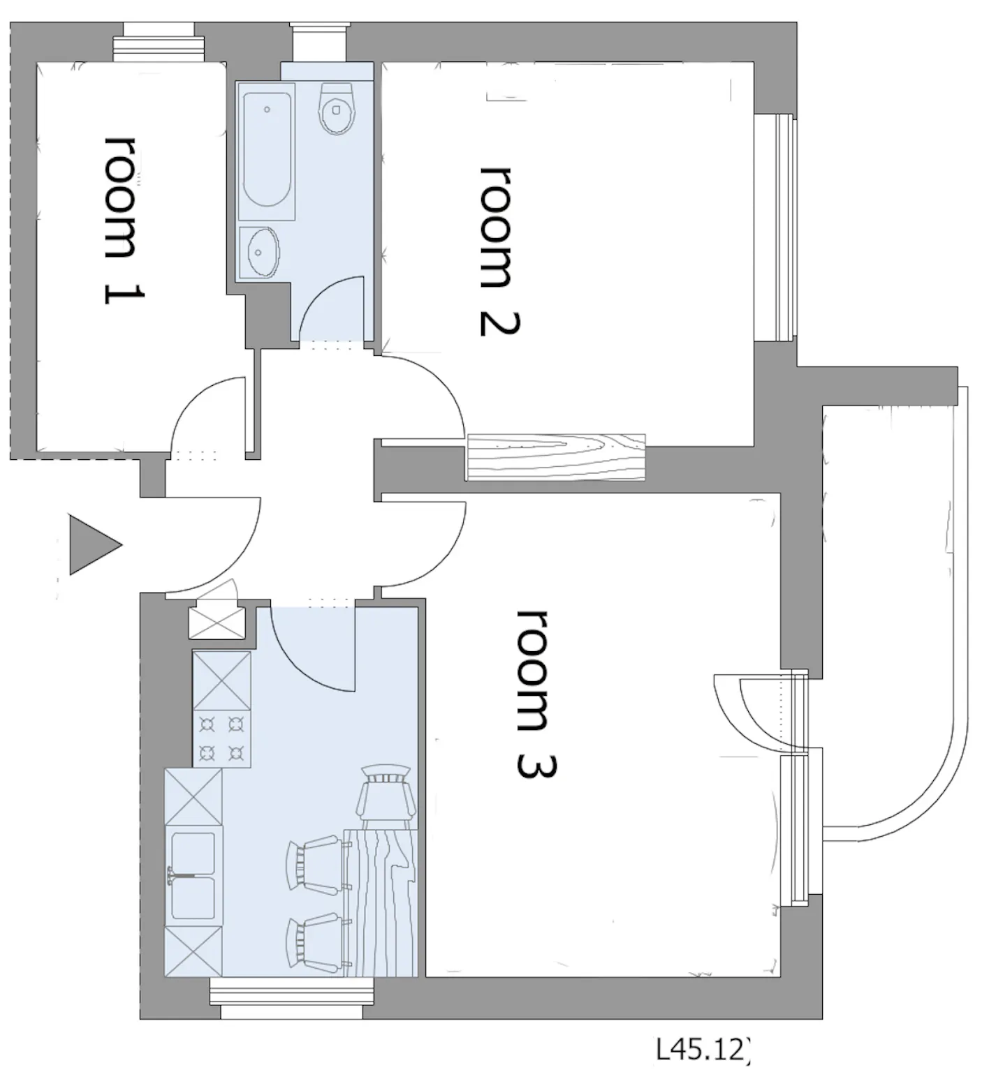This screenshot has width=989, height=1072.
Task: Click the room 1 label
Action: (x=124, y=219)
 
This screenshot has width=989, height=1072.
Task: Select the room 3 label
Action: (x=536, y=694)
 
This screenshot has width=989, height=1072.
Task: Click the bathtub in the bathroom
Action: (x=267, y=151)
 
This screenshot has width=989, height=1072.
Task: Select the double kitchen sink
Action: (x=193, y=877)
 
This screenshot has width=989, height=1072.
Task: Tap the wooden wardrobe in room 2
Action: (x=556, y=457)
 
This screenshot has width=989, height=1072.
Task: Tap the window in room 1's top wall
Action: (x=159, y=43)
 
